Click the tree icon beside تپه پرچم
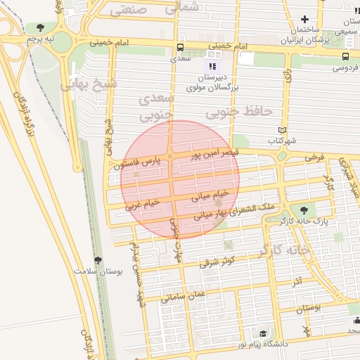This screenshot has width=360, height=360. [x=41, y=27]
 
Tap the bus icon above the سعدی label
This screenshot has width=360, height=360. [x=181, y=48]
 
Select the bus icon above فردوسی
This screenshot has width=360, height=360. [x=345, y=56]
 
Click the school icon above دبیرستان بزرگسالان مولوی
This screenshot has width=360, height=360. [x=214, y=66]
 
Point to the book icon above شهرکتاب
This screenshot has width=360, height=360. [x=283, y=130]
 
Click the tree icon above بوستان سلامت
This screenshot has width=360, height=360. [x=98, y=260]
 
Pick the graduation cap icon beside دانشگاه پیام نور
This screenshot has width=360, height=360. [x=263, y=334]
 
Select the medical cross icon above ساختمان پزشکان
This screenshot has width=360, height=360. [x=304, y=20]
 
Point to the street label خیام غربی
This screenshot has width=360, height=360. [x=142, y=204]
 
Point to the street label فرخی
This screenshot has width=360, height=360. [x=313, y=157]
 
